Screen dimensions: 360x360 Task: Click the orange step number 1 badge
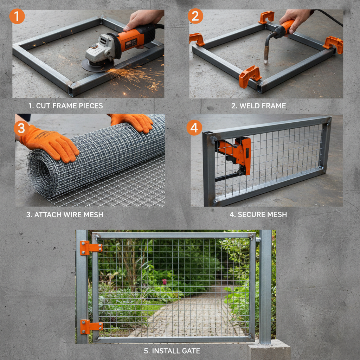tap(17, 16)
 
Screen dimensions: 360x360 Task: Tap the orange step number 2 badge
tap(195, 16)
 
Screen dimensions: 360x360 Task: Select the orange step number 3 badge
tap(21, 129)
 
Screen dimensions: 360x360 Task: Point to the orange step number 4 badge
tap(194, 128)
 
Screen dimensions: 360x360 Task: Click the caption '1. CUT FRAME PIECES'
tap(66, 105)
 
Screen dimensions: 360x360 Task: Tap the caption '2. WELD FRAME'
tap(258, 105)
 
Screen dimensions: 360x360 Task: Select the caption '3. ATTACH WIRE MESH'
tap(65, 214)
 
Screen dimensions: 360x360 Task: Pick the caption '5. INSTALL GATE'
tap(172, 351)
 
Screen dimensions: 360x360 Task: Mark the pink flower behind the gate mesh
tap(164, 282)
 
